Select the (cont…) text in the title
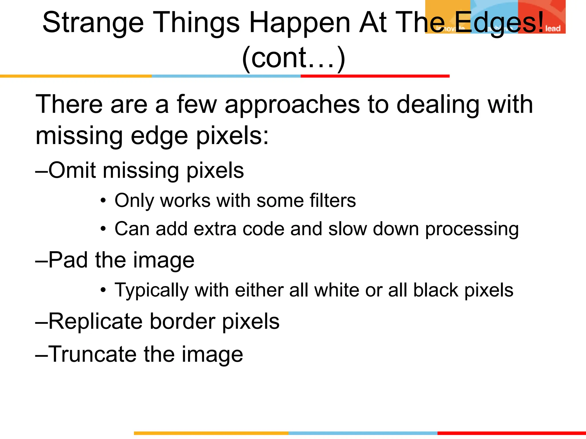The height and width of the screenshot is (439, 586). [x=294, y=58]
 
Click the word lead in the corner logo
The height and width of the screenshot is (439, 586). [x=553, y=29]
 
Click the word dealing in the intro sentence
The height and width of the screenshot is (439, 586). [x=438, y=105]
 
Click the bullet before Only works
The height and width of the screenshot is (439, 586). [x=103, y=201]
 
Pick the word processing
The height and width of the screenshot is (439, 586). [x=472, y=230]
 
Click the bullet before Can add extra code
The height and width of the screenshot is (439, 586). [x=103, y=229]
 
